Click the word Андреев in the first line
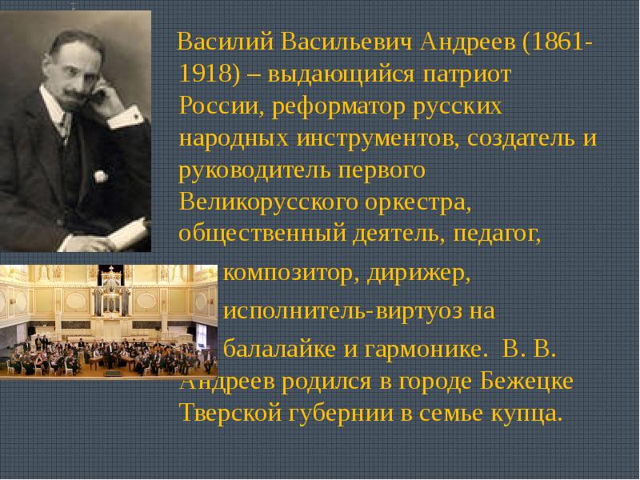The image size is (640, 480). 468,42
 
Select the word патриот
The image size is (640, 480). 466,75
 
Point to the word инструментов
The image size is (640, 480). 378,138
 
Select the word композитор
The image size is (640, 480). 291,274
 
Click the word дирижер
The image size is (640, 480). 418,274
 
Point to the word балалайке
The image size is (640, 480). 280,349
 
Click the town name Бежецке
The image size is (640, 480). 527,382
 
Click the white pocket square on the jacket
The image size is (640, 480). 101,176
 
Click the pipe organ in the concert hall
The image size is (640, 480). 111,294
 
